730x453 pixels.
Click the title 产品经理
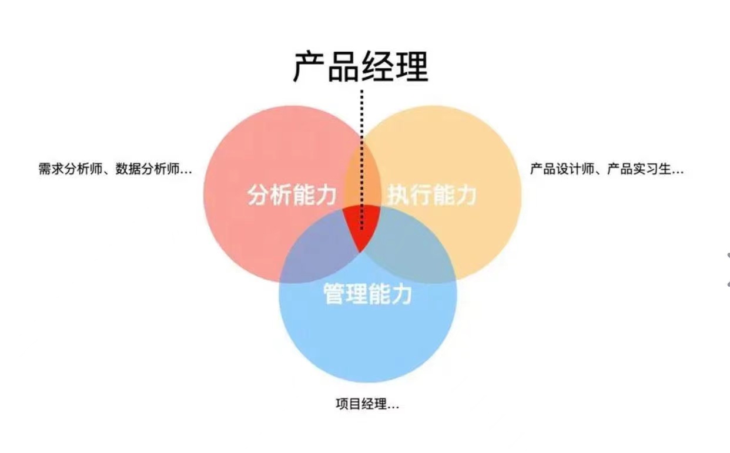click(x=361, y=66)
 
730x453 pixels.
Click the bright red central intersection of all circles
click(x=361, y=226)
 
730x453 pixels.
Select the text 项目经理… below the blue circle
click(x=367, y=405)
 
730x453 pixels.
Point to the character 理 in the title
click(x=412, y=66)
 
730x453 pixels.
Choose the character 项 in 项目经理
click(x=342, y=405)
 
